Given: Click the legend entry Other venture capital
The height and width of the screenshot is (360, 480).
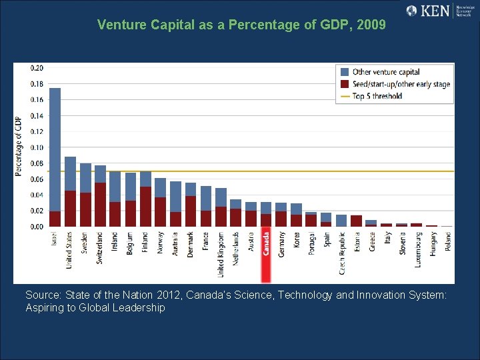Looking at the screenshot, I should click(x=386, y=72).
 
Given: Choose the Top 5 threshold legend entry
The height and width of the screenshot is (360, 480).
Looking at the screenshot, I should click(x=377, y=96).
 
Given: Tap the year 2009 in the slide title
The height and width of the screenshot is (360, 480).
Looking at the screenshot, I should click(x=371, y=25).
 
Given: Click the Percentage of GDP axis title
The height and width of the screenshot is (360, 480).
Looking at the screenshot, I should click(x=19, y=147).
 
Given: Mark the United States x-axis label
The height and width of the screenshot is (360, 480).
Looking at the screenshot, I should click(x=70, y=249).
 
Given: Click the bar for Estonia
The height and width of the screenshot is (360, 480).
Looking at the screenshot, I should click(x=356, y=221).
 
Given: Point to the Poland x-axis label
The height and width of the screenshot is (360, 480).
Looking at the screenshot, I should click(x=447, y=239).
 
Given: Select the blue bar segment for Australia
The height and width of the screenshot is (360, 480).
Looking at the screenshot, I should click(x=175, y=197).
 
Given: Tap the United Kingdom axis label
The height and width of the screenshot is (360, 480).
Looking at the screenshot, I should click(x=221, y=253).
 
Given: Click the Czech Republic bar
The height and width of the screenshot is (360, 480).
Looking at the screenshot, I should click(x=341, y=221).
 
